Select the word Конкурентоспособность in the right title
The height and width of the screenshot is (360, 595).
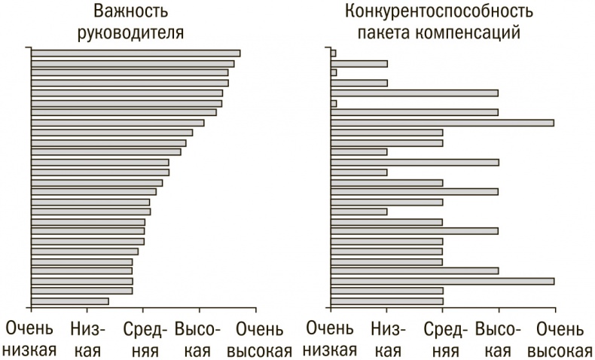pyautogui.click(x=440, y=13)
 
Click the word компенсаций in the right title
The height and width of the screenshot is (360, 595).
pyautogui.click(x=475, y=33)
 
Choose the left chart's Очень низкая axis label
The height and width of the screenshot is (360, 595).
pyautogui.click(x=32, y=340)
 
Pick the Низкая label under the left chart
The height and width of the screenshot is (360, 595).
pyautogui.click(x=87, y=340)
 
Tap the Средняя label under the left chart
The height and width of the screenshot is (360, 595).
pyautogui.click(x=144, y=340)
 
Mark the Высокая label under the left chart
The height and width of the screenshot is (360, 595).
pyautogui.click(x=199, y=340)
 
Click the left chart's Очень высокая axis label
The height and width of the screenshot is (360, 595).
pyautogui.click(x=258, y=340)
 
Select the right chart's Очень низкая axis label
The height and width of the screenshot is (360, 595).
pyautogui.click(x=331, y=340)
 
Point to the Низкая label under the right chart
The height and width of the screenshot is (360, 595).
pyautogui.click(x=387, y=340)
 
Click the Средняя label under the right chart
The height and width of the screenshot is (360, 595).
pyautogui.click(x=443, y=340)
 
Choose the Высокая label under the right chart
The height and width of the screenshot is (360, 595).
pyautogui.click(x=499, y=340)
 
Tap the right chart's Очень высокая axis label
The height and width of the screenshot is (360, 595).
pyautogui.click(x=558, y=340)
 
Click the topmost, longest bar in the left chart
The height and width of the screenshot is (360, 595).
pyautogui.click(x=136, y=53)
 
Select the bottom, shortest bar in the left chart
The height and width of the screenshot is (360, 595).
pyautogui.click(x=70, y=301)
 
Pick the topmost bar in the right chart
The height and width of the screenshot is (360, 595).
pyautogui.click(x=334, y=53)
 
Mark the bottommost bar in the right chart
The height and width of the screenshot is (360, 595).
pyautogui.click(x=387, y=301)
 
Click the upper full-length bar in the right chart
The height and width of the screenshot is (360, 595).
pyautogui.click(x=442, y=122)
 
